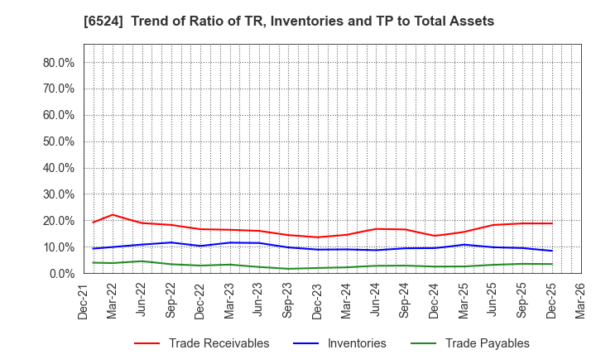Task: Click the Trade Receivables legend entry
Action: (219, 343)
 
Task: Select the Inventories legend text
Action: (357, 343)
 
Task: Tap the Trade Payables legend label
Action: (487, 343)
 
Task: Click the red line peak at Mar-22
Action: (113, 214)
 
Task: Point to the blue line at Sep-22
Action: (171, 242)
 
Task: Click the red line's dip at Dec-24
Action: (435, 236)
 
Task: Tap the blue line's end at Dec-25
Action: (552, 251)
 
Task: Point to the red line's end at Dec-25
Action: (552, 223)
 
